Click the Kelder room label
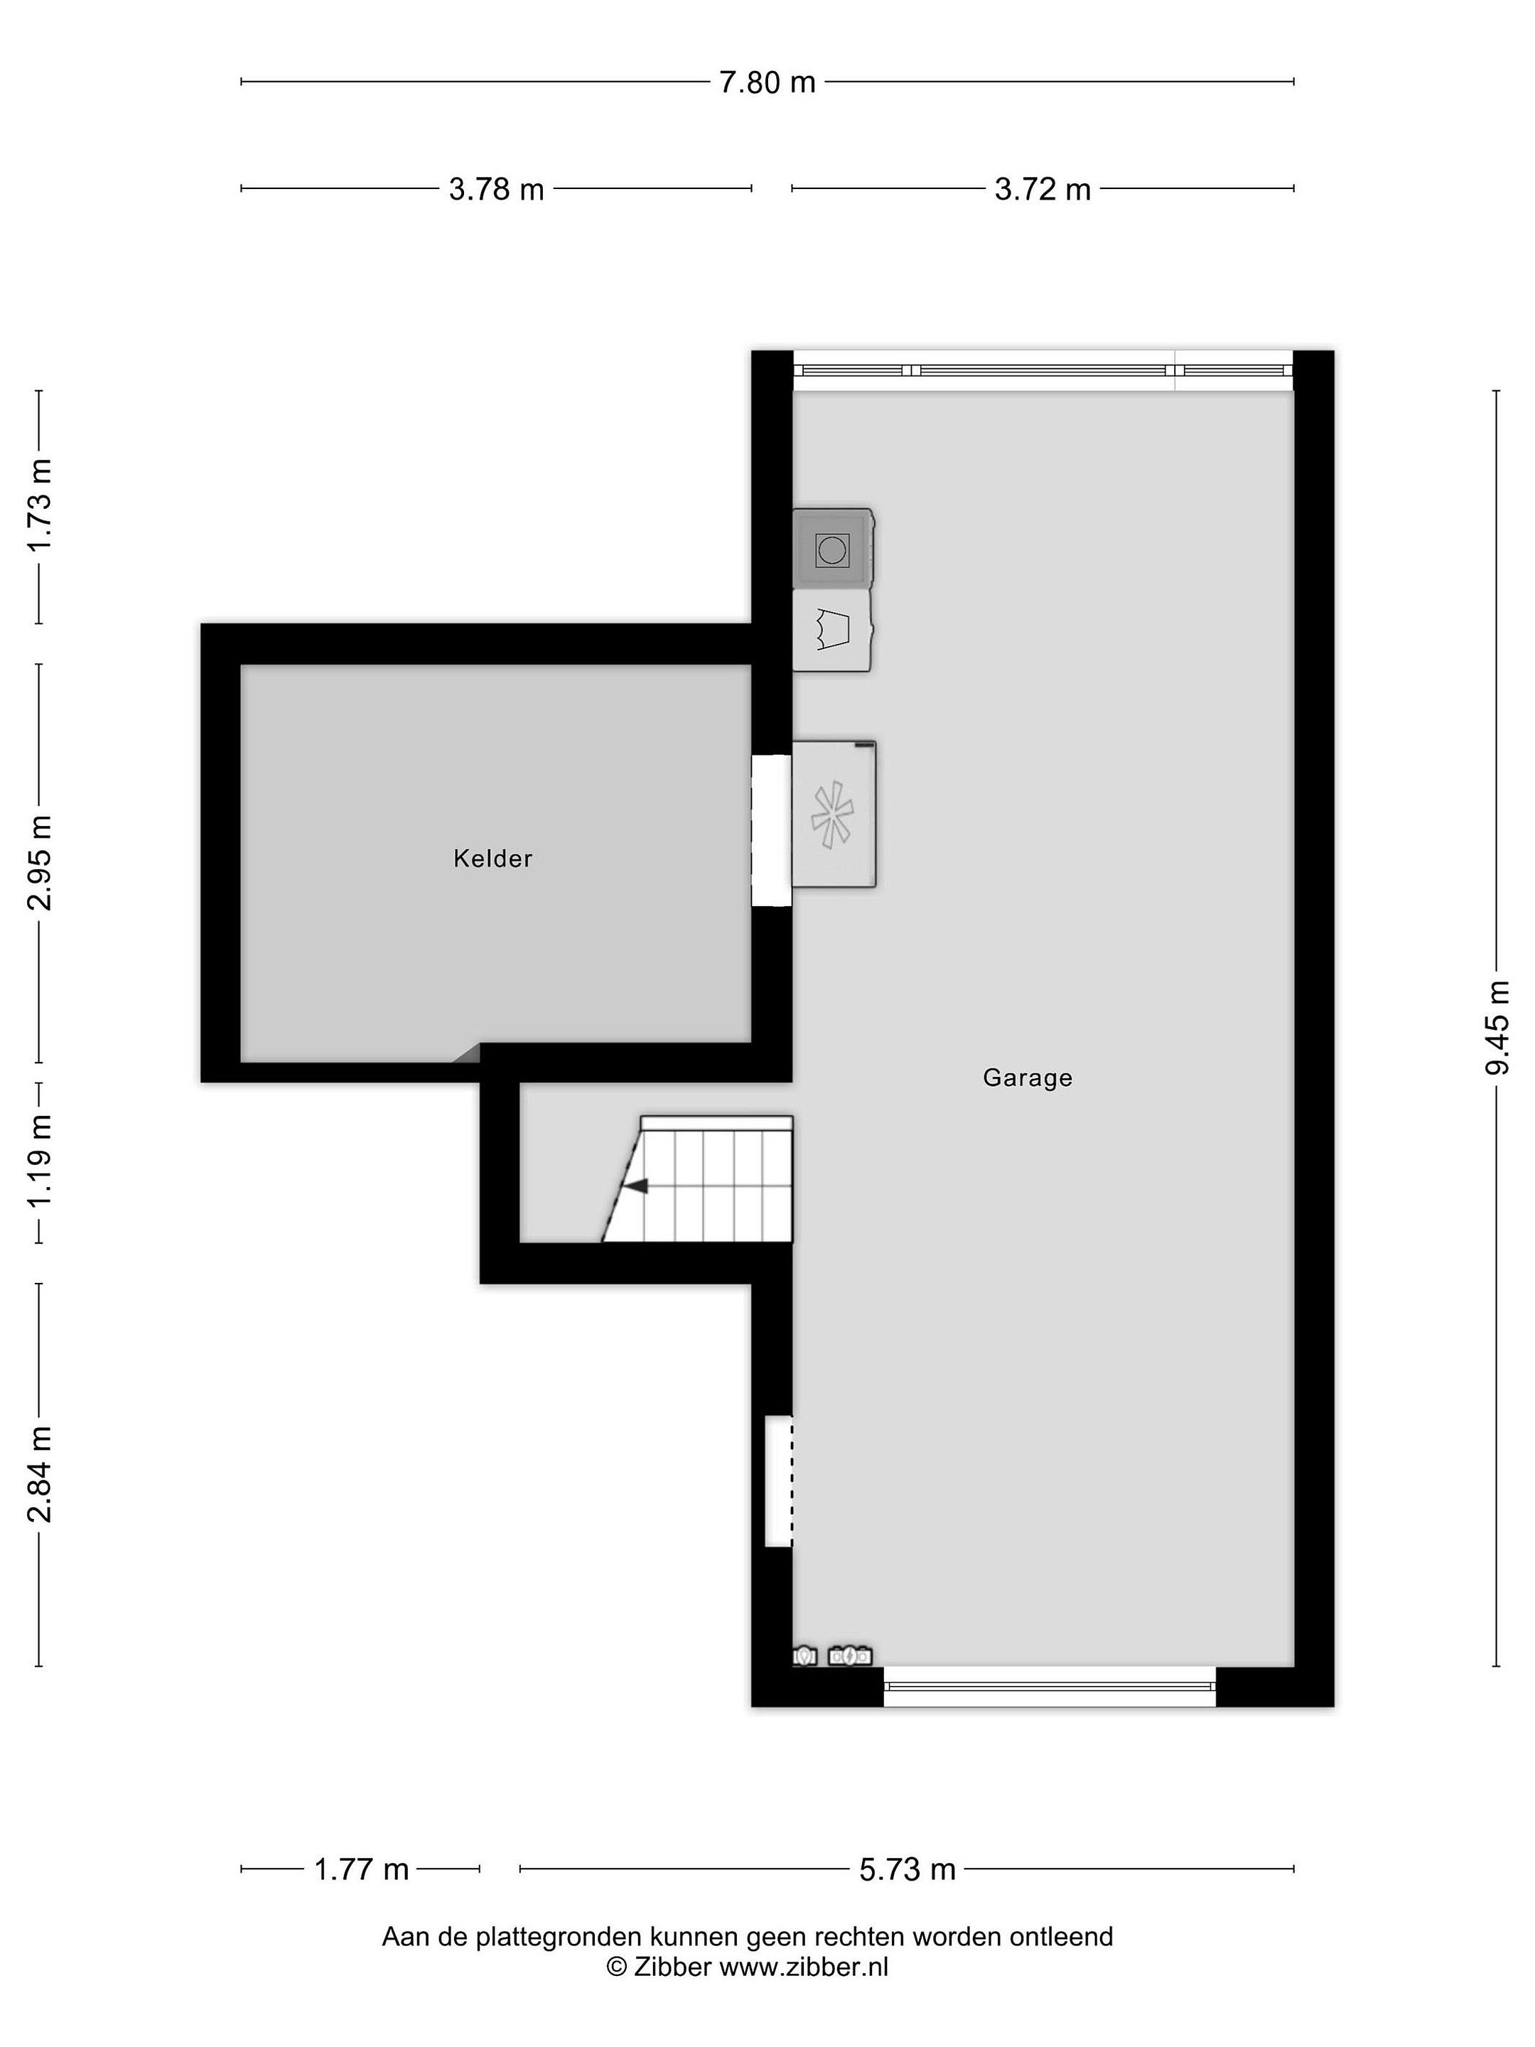click(x=492, y=859)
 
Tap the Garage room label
click(x=1027, y=1078)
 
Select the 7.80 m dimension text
click(x=767, y=82)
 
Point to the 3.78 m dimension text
click(x=496, y=190)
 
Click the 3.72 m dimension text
click(x=1042, y=190)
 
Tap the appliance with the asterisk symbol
click(x=834, y=815)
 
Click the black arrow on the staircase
click(x=635, y=1186)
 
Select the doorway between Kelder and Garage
click(x=772, y=830)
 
